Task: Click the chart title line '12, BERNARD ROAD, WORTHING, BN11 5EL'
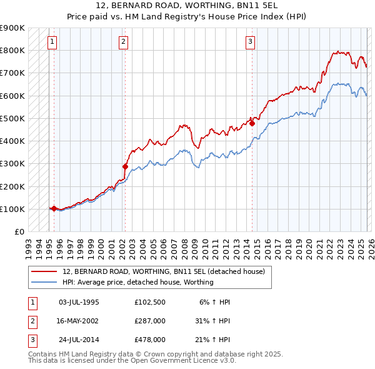click(x=187, y=6)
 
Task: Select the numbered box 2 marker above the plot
click(x=123, y=42)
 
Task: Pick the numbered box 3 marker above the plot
click(x=250, y=42)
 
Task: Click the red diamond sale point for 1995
click(x=54, y=208)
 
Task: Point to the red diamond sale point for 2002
click(x=125, y=166)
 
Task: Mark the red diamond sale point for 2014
click(x=252, y=123)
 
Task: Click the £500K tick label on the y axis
click(x=12, y=118)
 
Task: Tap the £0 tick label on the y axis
click(x=19, y=231)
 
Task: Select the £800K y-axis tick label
click(x=12, y=50)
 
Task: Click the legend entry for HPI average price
click(x=138, y=282)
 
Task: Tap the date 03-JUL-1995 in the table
click(x=79, y=302)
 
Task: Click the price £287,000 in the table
click(x=150, y=321)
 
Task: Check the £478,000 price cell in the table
click(x=150, y=340)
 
